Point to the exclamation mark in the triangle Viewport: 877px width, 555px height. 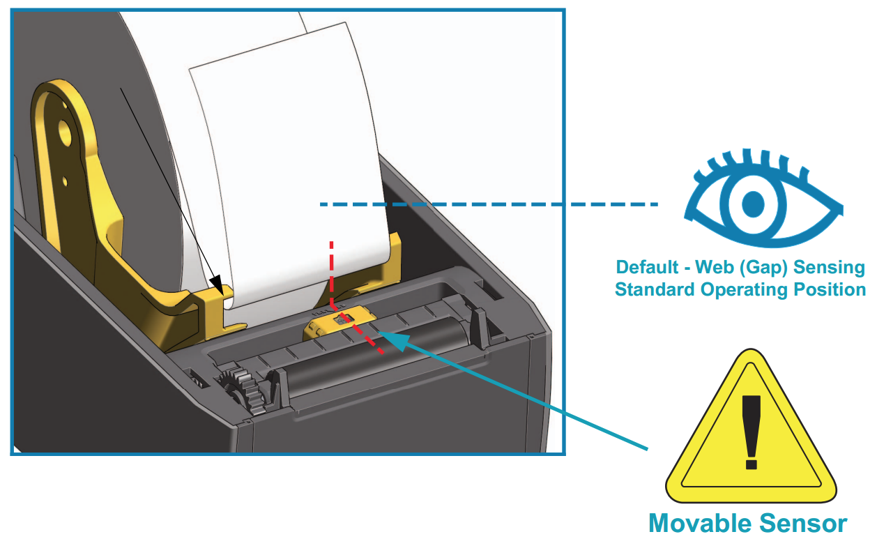751,432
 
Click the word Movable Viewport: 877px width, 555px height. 702,523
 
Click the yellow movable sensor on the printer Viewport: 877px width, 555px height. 340,324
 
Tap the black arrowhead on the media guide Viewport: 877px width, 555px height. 219,284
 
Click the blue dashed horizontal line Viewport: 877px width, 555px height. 488,204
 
